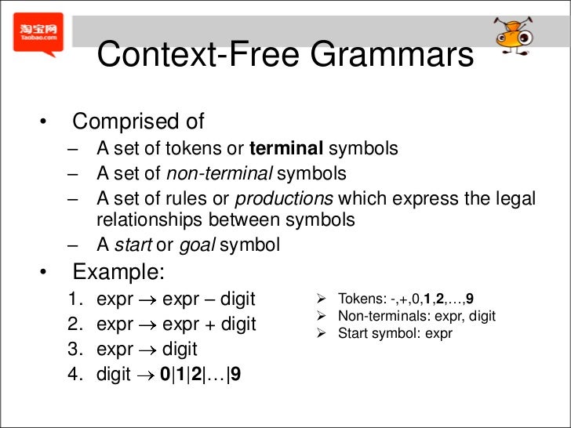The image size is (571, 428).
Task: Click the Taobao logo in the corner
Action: click(38, 34)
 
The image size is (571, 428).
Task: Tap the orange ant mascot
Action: click(513, 34)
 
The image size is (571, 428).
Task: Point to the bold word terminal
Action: click(286, 148)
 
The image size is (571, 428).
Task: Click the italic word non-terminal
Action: click(219, 173)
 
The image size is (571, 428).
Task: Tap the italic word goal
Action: click(197, 245)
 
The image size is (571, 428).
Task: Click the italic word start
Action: click(133, 245)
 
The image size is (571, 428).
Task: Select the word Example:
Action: click(119, 272)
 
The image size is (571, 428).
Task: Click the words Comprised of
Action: click(138, 122)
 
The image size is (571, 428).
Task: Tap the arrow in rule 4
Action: click(145, 375)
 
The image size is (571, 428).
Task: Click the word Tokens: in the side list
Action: click(359, 299)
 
